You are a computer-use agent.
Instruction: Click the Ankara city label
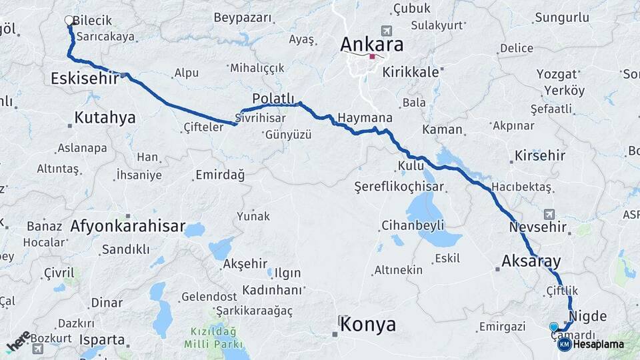coord(372,44)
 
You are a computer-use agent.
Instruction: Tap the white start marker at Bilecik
coord(69,21)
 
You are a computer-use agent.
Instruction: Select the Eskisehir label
coord(84,79)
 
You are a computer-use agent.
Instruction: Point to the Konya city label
coord(368,325)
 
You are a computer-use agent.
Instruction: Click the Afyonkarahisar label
coord(128,226)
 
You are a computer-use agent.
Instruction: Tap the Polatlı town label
coord(273,99)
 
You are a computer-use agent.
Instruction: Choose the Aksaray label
coord(531,260)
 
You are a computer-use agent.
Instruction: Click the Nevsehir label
coord(537,227)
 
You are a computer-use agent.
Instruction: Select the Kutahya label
coord(105,118)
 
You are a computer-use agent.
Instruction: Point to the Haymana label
coord(365,117)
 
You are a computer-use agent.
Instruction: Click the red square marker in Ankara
coord(372,57)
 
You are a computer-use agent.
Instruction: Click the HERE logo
coord(19,341)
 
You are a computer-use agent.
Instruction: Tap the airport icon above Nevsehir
coord(549,214)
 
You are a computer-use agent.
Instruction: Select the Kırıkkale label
coord(410,72)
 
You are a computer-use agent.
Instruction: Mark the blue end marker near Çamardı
coord(553,327)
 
